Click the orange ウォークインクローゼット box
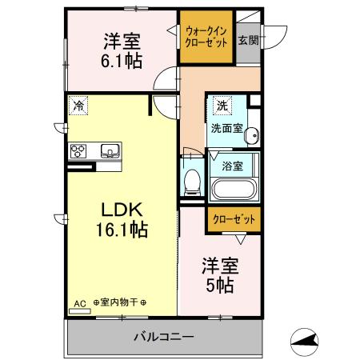[206, 36]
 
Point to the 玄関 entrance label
[248, 40]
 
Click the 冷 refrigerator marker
[78, 104]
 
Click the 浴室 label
[232, 166]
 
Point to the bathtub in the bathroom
[234, 191]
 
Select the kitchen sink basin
[109, 150]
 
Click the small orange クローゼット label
[234, 218]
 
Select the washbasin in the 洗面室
[252, 135]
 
